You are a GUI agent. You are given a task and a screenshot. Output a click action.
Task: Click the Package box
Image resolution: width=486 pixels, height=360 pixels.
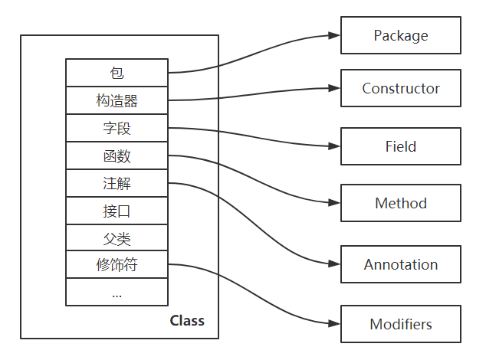pyautogui.click(x=401, y=35)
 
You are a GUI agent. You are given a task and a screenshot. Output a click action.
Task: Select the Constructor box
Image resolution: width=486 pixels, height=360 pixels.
pyautogui.click(x=401, y=88)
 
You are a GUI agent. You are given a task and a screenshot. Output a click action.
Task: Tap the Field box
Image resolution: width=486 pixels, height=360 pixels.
pyautogui.click(x=401, y=146)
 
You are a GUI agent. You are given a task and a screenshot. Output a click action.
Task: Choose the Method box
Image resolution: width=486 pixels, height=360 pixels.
pyautogui.click(x=401, y=204)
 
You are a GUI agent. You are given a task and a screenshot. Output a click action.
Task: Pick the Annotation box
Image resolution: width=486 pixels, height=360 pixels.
pyautogui.click(x=401, y=264)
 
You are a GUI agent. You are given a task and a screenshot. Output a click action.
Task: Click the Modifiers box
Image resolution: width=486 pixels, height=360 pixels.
pyautogui.click(x=401, y=324)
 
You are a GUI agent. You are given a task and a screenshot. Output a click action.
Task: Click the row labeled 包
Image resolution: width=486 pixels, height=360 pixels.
pyautogui.click(x=117, y=74)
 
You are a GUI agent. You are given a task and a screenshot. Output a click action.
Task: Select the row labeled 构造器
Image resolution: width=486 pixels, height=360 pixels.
pyautogui.click(x=117, y=101)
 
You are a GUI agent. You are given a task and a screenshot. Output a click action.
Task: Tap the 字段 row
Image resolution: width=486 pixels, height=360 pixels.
pyautogui.click(x=117, y=129)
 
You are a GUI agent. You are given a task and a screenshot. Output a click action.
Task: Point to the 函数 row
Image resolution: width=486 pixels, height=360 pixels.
pyautogui.click(x=117, y=156)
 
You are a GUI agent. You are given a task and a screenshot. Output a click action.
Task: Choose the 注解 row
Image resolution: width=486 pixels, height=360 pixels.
pyautogui.click(x=117, y=184)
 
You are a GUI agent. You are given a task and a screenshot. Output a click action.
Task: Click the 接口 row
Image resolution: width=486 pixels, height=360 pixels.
pyautogui.click(x=117, y=211)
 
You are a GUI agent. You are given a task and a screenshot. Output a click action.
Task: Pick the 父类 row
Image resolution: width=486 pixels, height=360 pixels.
pyautogui.click(x=117, y=237)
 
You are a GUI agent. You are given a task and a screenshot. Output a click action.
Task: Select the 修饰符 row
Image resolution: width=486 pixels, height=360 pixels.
pyautogui.click(x=117, y=265)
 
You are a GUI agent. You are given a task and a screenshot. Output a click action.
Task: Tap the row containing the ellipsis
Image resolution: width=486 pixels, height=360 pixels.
pyautogui.click(x=117, y=293)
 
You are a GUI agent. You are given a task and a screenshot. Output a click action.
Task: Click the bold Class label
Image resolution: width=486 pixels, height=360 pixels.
pyautogui.click(x=187, y=320)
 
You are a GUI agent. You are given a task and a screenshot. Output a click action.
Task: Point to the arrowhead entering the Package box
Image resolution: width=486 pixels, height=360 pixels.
pyautogui.click(x=334, y=35)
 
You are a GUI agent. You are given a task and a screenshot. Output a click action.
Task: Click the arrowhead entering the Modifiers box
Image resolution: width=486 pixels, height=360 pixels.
pyautogui.click(x=334, y=324)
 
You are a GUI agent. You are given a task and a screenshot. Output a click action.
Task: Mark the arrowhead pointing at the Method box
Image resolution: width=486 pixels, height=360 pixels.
pyautogui.click(x=334, y=204)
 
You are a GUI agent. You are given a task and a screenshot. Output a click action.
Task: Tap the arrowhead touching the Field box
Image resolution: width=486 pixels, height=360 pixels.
pyautogui.click(x=334, y=146)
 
